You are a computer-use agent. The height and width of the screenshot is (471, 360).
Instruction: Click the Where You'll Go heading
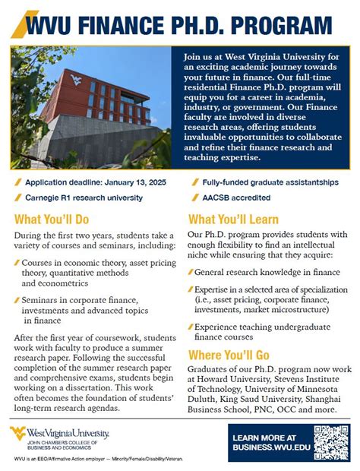(x=229, y=355)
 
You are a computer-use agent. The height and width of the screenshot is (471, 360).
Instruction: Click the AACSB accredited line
(x=236, y=198)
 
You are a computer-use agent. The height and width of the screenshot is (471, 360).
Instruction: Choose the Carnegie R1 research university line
(x=84, y=198)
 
